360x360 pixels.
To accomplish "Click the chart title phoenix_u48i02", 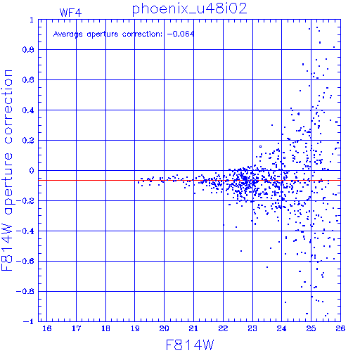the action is [x=190, y=9].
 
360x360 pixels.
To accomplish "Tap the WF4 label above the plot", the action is [x=70, y=13].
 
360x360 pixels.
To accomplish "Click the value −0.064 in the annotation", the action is [x=181, y=34].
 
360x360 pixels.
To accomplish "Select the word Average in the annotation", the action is [x=68, y=34].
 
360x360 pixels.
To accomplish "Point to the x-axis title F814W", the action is [x=190, y=345].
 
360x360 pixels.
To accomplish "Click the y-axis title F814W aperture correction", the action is [x=7, y=170].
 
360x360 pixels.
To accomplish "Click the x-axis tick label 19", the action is [x=135, y=328].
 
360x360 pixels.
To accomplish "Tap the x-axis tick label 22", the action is [x=223, y=328].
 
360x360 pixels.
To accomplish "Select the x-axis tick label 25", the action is [x=311, y=328].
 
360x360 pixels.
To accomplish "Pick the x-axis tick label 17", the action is [x=77, y=328].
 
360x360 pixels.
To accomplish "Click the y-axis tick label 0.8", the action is [x=28, y=50].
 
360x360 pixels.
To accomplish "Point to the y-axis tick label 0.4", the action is [x=28, y=110].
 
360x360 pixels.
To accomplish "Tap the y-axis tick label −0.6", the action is [x=25, y=261].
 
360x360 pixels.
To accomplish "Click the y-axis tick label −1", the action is [x=29, y=321].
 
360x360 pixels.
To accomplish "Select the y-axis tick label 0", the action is [x=32, y=171].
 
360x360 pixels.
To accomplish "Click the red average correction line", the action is [x=189, y=180].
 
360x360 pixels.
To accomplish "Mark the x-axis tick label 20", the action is [x=165, y=328].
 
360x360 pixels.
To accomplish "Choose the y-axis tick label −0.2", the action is [x=25, y=201].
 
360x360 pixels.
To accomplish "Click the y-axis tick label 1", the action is [x=32, y=20].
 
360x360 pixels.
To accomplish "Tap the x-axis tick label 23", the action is [x=252, y=328].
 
